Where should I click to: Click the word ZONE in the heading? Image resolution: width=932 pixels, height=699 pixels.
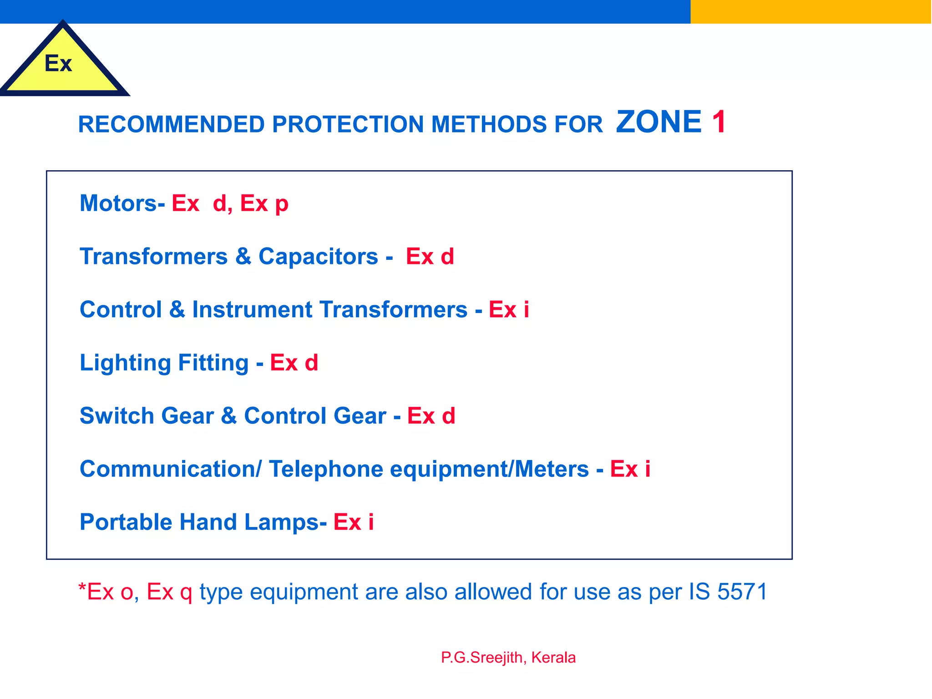click(658, 122)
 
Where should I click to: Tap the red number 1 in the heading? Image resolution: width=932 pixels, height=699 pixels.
click(719, 122)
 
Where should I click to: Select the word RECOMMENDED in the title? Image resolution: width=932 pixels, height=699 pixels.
click(171, 124)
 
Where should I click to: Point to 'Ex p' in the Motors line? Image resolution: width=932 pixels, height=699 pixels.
click(264, 204)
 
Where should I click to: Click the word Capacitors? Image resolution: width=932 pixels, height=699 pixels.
click(318, 256)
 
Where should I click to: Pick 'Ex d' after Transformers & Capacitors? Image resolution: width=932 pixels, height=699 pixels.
click(430, 256)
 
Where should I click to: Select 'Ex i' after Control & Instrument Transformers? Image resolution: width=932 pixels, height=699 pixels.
click(509, 309)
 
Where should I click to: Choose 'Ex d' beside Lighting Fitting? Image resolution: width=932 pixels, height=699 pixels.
click(294, 363)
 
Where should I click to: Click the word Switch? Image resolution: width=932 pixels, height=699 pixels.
click(117, 415)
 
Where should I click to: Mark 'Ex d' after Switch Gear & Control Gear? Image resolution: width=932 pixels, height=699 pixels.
click(431, 415)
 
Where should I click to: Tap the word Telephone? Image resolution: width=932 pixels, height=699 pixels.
click(326, 469)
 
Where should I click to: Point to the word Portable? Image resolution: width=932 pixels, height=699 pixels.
click(126, 522)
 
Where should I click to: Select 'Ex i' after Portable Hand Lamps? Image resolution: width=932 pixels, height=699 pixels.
click(354, 522)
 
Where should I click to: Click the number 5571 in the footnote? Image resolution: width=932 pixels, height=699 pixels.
click(742, 592)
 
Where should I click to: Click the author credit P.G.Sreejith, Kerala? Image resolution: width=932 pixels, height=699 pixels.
click(508, 658)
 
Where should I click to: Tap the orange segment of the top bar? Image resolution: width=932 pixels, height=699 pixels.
click(810, 11)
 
